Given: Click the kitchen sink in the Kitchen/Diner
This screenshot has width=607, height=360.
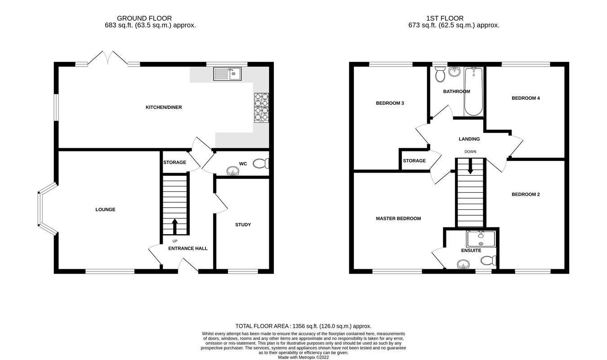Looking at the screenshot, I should pyautogui.click(x=227, y=73).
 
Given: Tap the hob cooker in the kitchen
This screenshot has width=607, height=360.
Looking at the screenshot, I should pyautogui.click(x=262, y=107).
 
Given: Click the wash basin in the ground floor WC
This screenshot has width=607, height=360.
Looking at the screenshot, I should pyautogui.click(x=232, y=170).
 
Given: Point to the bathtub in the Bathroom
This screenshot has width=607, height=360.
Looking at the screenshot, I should pyautogui.click(x=473, y=91).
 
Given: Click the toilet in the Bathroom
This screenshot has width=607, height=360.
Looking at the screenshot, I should pyautogui.click(x=440, y=74).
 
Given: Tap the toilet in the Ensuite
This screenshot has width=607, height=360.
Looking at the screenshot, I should pyautogui.click(x=488, y=260).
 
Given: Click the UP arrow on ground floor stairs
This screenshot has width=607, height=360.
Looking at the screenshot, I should pyautogui.click(x=174, y=226).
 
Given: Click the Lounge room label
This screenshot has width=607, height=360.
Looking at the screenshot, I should pyautogui.click(x=105, y=209).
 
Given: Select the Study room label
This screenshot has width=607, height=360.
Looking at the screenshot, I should pyautogui.click(x=243, y=225).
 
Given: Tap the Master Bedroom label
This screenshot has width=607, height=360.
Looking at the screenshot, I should pyautogui.click(x=398, y=219).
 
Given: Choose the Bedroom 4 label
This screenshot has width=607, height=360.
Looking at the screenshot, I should pyautogui.click(x=526, y=98).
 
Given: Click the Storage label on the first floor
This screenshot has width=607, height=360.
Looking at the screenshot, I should pyautogui.click(x=414, y=161).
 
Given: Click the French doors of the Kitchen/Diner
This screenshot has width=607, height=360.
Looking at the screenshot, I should pyautogui.click(x=107, y=58).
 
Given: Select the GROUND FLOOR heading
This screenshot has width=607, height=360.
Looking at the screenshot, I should pyautogui.click(x=144, y=18).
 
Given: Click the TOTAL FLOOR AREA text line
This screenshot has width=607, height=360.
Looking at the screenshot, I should pyautogui.click(x=303, y=326).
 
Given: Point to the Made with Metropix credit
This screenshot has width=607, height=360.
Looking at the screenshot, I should pyautogui.click(x=303, y=357).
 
